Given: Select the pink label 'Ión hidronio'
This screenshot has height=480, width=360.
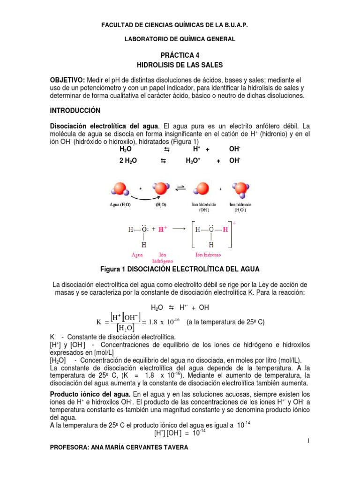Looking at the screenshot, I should (208, 255).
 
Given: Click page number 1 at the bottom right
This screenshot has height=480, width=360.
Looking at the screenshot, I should (310, 441).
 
